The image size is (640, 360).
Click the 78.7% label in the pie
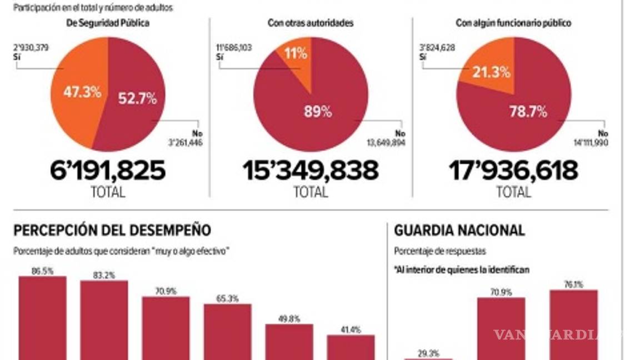528,112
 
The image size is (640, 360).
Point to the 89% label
317,112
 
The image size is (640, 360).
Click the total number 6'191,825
108,171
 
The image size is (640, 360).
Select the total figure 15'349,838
311,171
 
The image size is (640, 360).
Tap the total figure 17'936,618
513,171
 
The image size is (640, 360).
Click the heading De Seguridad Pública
108,23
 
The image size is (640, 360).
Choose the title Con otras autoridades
311,23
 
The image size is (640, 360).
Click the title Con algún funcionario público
513,23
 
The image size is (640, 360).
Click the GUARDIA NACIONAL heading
459,230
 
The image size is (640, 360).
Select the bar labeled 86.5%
43,319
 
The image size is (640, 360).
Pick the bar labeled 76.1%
573,325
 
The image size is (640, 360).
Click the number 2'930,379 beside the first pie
32,48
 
